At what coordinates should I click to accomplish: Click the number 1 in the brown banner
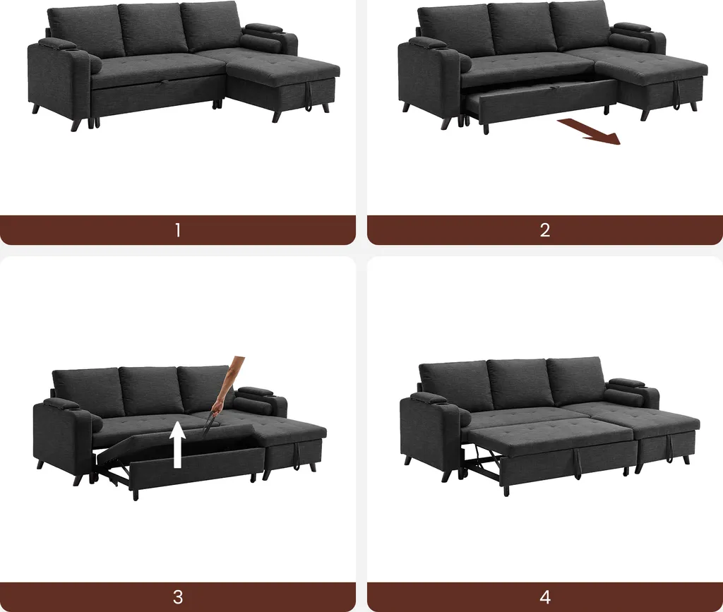coord(178,230)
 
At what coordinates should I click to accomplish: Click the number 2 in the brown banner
coord(545,230)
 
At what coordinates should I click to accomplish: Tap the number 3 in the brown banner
coord(178,597)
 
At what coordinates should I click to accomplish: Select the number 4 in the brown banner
coord(545,597)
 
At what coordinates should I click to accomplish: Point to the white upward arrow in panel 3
coord(177,445)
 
